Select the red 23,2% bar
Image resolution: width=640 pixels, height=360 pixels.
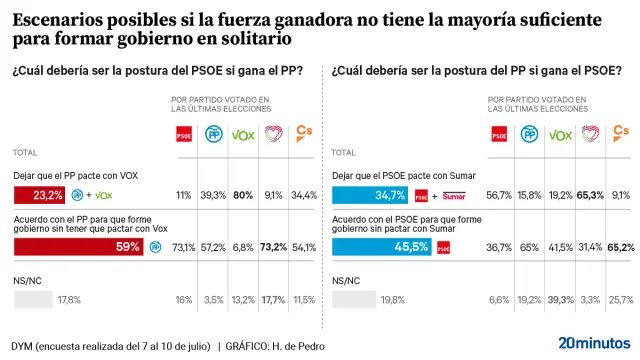[40, 194]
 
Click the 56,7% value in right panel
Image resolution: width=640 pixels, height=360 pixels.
[499, 194]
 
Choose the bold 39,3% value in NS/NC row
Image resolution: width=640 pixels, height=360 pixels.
[561, 298]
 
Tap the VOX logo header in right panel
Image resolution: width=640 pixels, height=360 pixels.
[561, 134]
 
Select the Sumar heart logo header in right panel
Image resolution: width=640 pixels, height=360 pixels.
[591, 133]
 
